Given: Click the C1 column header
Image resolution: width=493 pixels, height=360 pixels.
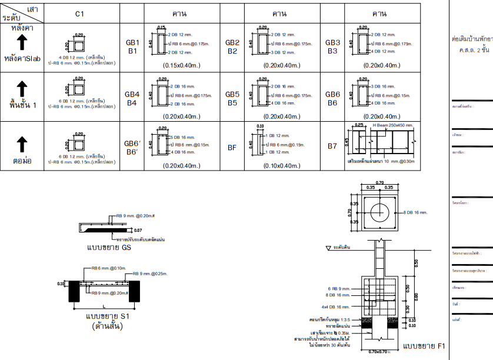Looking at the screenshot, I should coord(82,13).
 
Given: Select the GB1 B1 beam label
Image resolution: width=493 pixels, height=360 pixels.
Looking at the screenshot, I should coord(132,47).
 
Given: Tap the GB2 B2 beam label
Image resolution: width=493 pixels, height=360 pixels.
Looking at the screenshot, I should coord(232,47).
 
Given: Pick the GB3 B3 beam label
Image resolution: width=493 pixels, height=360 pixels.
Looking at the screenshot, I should coord(333,47).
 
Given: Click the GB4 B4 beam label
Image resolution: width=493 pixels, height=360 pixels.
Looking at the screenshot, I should coord(132,98).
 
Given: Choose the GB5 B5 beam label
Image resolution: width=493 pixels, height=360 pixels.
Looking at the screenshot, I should coord(232,98).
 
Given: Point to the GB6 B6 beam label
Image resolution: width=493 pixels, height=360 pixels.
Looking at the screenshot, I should coord(333,98).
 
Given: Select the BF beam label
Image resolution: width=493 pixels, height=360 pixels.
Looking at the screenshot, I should coord(232,148).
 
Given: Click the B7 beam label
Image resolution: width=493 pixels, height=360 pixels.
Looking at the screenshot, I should coord(333,147).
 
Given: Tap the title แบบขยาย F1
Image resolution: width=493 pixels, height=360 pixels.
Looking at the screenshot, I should coord(424,345).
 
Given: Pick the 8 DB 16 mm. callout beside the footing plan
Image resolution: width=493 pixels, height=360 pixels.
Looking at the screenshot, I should coord(419,212).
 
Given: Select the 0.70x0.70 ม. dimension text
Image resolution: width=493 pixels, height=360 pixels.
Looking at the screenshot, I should coord(379,352).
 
